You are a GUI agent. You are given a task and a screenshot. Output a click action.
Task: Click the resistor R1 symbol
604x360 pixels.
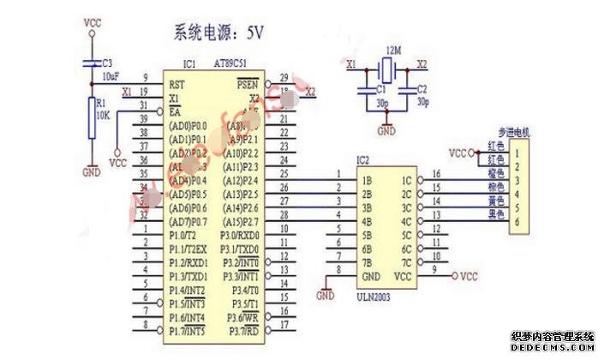92,117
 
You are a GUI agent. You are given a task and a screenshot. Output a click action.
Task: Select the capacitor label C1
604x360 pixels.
361,88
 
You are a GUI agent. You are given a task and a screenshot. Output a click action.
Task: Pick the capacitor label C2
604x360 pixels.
421,88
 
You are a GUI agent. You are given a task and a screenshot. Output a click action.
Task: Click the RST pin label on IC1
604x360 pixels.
176,85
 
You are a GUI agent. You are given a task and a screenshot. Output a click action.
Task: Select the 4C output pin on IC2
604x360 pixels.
406,222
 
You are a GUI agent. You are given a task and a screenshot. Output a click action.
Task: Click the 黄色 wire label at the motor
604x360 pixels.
493,199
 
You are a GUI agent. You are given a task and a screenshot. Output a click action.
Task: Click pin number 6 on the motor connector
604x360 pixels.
517,222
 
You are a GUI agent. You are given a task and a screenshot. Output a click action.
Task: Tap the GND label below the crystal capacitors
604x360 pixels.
386,131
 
